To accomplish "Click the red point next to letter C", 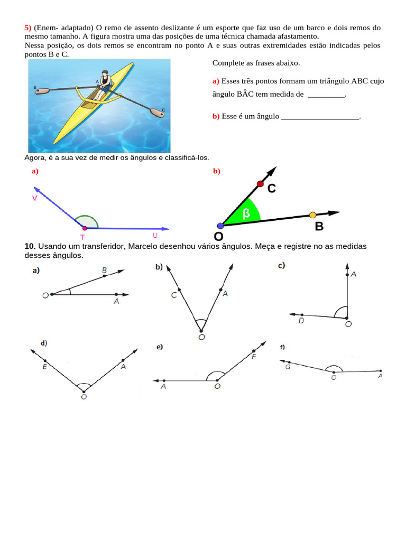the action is [260, 184].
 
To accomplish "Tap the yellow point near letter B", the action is [312, 216].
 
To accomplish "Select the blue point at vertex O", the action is [220, 226].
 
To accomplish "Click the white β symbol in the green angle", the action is [246, 213].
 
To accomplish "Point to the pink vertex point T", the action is [85, 228].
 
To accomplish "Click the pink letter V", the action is [34, 199].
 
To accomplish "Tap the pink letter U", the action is [155, 235].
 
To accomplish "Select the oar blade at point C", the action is [157, 113].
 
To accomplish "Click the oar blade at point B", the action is [42, 91].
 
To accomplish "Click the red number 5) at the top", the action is [28, 27].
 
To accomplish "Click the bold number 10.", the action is [30, 246].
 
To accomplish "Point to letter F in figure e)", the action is [254, 357].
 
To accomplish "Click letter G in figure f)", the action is [288, 367].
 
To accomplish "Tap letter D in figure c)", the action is [301, 321].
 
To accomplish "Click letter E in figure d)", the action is [44, 367].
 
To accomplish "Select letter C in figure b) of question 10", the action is [174, 295].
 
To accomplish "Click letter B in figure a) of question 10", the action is [104, 270].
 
